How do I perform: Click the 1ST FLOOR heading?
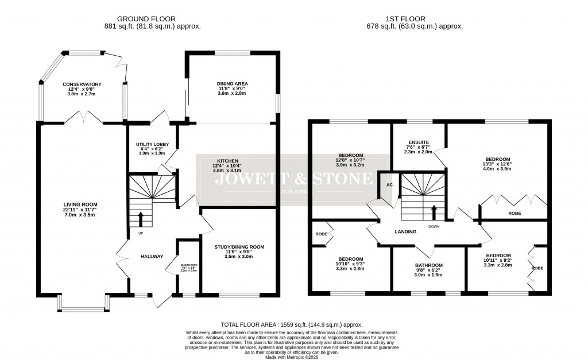pyautogui.click(x=415, y=18)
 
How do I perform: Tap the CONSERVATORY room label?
pyautogui.click(x=82, y=84)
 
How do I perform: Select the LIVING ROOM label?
pyautogui.click(x=80, y=204)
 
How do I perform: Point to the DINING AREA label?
pyautogui.click(x=232, y=84)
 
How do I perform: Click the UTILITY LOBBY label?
pyautogui.click(x=150, y=144)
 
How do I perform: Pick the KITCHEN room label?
pyautogui.click(x=227, y=161)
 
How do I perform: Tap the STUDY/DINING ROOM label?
pyautogui.click(x=239, y=247)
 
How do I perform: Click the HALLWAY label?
pyautogui.click(x=152, y=256)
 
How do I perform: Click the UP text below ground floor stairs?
pyautogui.click(x=140, y=233)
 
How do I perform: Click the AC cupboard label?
pyautogui.click(x=389, y=185)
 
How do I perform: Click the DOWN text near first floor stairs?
pyautogui.click(x=434, y=226)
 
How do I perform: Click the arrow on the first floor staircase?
pyautogui.click(x=434, y=212)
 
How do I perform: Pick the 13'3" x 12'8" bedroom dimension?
pyautogui.click(x=498, y=165)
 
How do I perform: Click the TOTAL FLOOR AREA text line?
pyautogui.click(x=292, y=324)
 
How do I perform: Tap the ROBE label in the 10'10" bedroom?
pyautogui.click(x=321, y=234)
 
